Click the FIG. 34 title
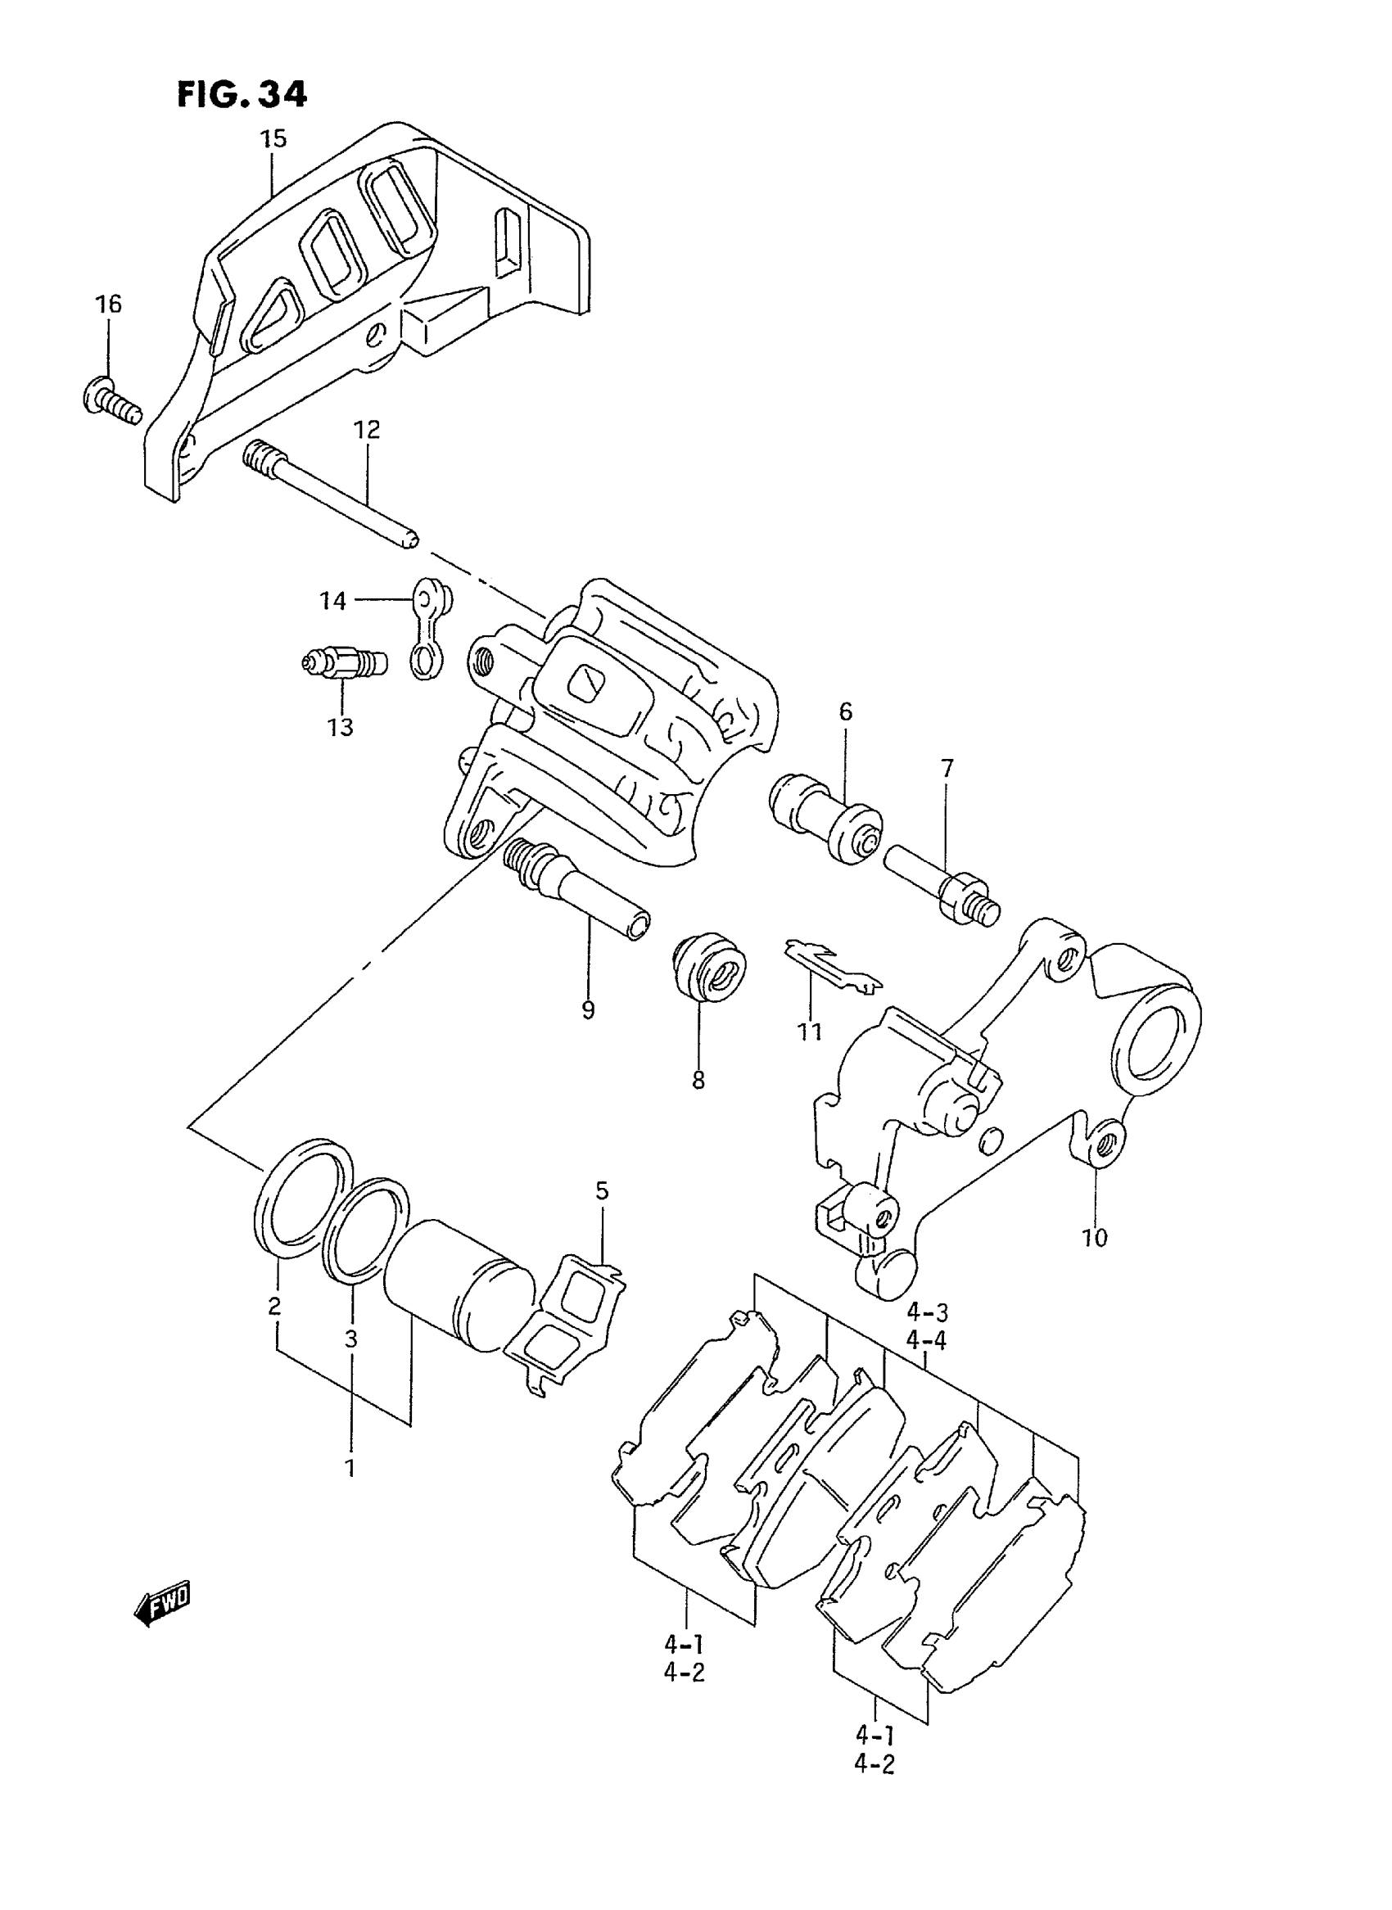pos(242,94)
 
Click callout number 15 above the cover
pos(272,138)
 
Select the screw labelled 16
pos(111,400)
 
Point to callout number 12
pos(367,430)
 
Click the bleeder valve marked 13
pos(344,662)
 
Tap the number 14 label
pos(332,601)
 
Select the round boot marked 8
pos(709,967)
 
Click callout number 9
pos(587,1009)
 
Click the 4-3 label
pos(927,1312)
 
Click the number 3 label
pos(351,1339)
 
